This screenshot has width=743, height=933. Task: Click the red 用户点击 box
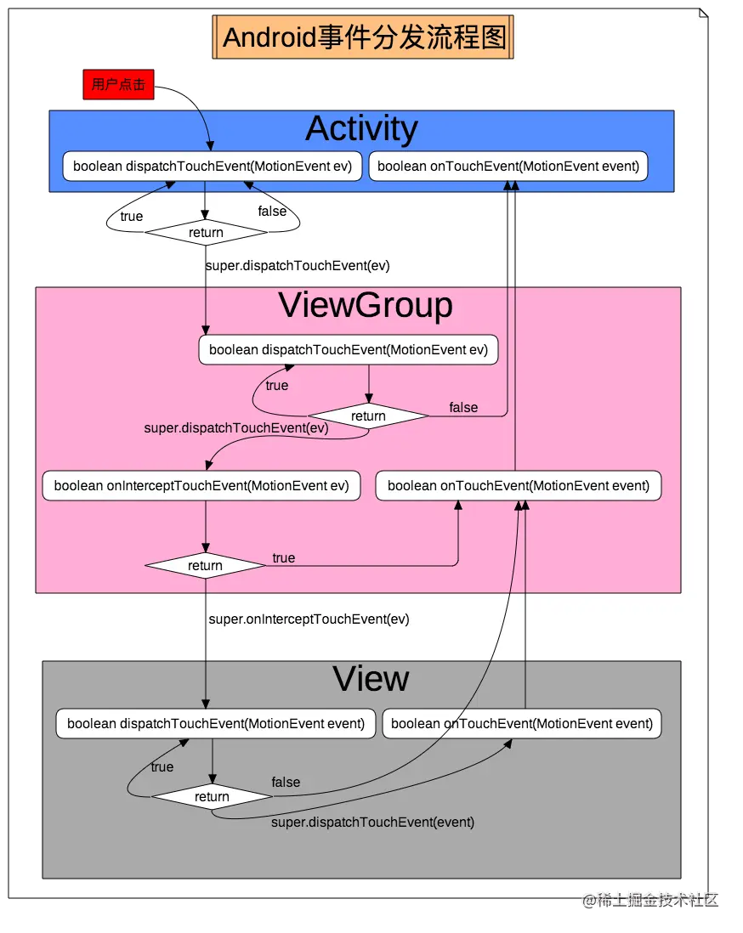coord(118,85)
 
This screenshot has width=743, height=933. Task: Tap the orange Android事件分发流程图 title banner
coord(363,37)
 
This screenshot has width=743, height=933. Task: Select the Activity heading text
coord(361,129)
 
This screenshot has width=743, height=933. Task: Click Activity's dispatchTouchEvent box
coord(213,167)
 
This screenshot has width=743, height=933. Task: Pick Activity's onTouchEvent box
coord(508,167)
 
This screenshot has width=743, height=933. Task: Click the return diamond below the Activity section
coord(206,233)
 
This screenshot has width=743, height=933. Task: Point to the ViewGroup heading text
coord(366,306)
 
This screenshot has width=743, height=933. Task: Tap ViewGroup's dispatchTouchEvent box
coord(349,350)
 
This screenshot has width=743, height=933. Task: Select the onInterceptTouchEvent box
coord(201,486)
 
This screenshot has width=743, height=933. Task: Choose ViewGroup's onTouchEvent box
coord(518,486)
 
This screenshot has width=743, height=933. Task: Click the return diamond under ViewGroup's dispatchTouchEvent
coord(368,416)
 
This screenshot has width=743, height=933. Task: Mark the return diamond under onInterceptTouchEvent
coord(205,566)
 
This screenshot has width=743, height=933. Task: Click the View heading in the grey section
coord(371,679)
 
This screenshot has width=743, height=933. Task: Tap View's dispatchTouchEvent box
coord(215,724)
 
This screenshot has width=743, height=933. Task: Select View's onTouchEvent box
coord(521,724)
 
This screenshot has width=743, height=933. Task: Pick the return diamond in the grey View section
coord(212,797)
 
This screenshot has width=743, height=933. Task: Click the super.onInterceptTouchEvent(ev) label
coord(309,619)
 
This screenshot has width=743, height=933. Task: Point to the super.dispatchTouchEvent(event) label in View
coord(372,823)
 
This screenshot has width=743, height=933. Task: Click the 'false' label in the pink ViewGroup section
coord(463,408)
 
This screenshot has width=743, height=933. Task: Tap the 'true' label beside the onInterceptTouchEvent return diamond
coord(283,558)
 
